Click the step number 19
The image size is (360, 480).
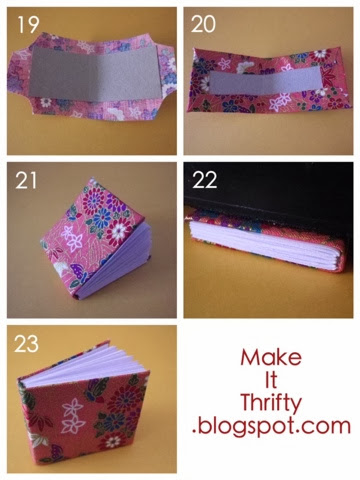[x=28, y=25]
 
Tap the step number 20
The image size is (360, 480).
[x=203, y=24]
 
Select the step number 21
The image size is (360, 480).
[x=26, y=181]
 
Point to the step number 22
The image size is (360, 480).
[x=205, y=180]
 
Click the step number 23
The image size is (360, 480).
[x=26, y=344]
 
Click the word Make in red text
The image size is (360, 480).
[x=271, y=357]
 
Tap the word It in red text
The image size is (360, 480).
[x=271, y=380]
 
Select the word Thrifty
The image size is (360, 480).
[x=271, y=404]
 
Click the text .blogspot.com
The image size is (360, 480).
[x=271, y=427]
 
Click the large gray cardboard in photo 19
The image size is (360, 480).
[x=95, y=73]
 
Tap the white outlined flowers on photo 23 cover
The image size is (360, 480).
[x=72, y=416]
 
